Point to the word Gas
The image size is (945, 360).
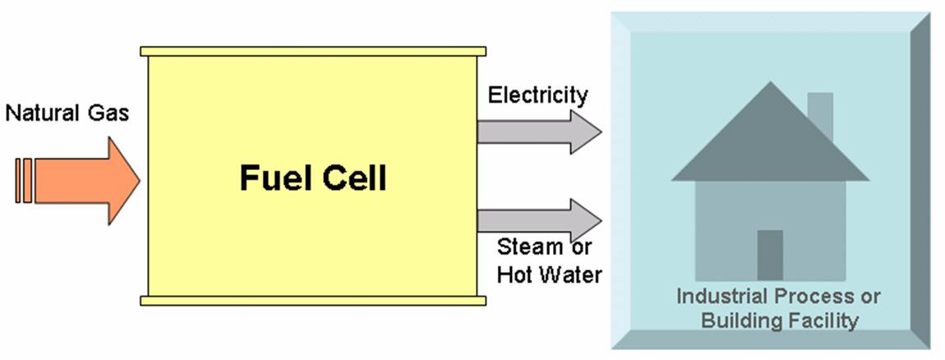[x=111, y=113]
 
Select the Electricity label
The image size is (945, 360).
[x=538, y=95]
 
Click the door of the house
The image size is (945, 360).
[x=770, y=255]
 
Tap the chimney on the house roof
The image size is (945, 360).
[x=819, y=115]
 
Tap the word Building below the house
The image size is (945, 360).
[x=736, y=320]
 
